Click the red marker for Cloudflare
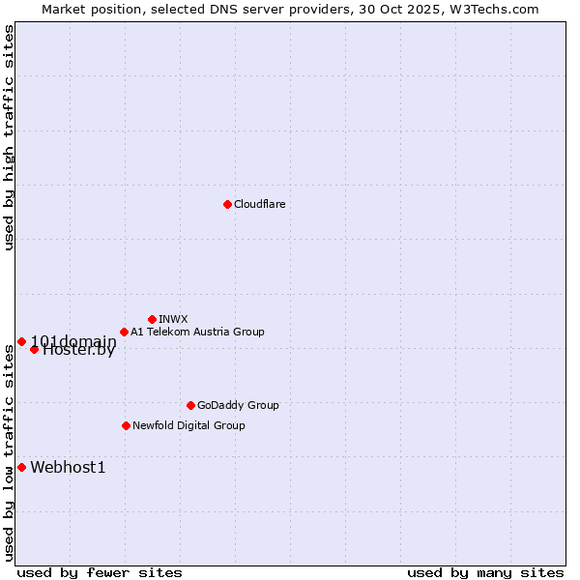(x=227, y=204)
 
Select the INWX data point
(x=152, y=319)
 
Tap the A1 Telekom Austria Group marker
(x=124, y=332)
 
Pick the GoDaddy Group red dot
(x=190, y=405)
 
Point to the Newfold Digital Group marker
(x=126, y=425)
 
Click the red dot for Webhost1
(x=21, y=467)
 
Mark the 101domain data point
(x=21, y=341)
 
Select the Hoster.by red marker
(x=34, y=349)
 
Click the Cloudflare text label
(x=259, y=204)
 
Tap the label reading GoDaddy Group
(x=238, y=405)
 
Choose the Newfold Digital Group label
(x=188, y=425)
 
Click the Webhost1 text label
(x=68, y=468)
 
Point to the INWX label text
(x=173, y=319)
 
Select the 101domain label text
(x=73, y=341)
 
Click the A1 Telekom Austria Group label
(x=197, y=332)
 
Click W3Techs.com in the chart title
(x=498, y=9)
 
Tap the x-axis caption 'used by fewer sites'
(x=100, y=572)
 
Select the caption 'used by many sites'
(x=485, y=572)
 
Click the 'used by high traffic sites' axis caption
(x=9, y=138)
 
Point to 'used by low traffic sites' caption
(x=9, y=452)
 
